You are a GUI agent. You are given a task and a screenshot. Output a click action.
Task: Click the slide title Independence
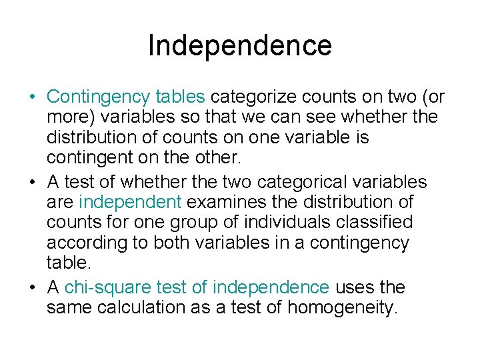[239, 45]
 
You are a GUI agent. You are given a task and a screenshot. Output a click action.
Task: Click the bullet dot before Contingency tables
[32, 97]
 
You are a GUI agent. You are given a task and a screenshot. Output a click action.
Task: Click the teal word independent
[130, 201]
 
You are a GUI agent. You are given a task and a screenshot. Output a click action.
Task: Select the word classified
[383, 222]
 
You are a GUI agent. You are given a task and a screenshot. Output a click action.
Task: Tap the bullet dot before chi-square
[32, 287]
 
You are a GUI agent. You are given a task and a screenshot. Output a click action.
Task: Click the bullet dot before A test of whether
[32, 181]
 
